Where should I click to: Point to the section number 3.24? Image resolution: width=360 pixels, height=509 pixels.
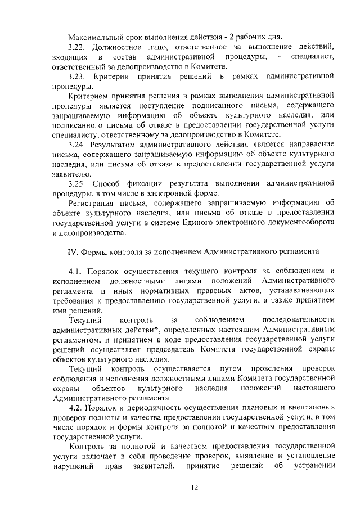click(x=76, y=144)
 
